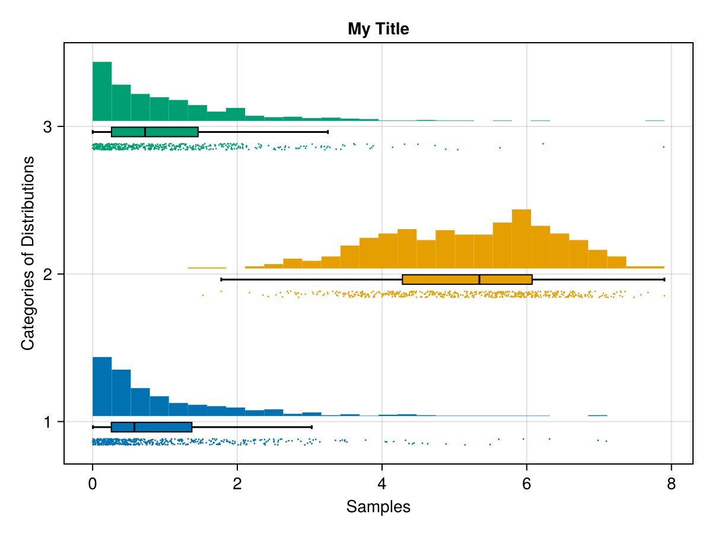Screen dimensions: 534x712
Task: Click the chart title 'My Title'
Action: point(379,28)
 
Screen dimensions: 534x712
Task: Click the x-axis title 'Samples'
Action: point(379,507)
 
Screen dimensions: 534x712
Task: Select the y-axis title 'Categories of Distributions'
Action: point(27,253)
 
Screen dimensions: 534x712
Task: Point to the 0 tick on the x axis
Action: point(93,484)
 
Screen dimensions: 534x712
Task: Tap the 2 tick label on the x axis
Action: point(237,484)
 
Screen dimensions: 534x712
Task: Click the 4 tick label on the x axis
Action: point(382,484)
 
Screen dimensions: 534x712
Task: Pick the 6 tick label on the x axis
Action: point(526,484)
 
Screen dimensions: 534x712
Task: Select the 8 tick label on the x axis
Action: point(671,484)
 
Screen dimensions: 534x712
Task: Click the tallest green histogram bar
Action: point(102,91)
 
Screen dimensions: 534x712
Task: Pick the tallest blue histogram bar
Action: point(102,386)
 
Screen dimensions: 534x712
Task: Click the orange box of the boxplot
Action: point(467,279)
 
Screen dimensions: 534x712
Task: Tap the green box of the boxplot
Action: point(154,132)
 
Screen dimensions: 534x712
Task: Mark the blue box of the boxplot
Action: point(151,427)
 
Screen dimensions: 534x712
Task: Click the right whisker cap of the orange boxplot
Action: point(664,279)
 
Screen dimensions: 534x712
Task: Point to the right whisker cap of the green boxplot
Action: point(328,132)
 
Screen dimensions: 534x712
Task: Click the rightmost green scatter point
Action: point(663,147)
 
